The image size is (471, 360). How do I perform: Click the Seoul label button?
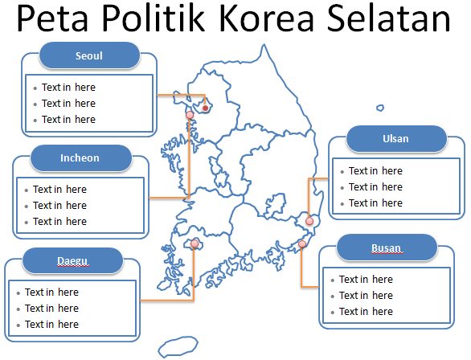89,55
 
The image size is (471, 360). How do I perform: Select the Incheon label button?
81,158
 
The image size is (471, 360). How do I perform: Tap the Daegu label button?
72,260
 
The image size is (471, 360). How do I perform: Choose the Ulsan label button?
396,139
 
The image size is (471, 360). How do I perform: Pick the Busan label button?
387,247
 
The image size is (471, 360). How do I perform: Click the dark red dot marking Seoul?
206,108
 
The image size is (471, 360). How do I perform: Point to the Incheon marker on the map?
190,115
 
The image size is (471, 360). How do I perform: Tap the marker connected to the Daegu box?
195,243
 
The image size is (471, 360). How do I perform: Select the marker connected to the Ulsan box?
309,221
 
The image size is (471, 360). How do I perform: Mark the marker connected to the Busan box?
302,243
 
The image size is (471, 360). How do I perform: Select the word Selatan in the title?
389,18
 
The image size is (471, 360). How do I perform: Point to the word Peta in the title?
52,18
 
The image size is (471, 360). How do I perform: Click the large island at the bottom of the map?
178,346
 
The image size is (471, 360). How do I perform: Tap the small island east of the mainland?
380,108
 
